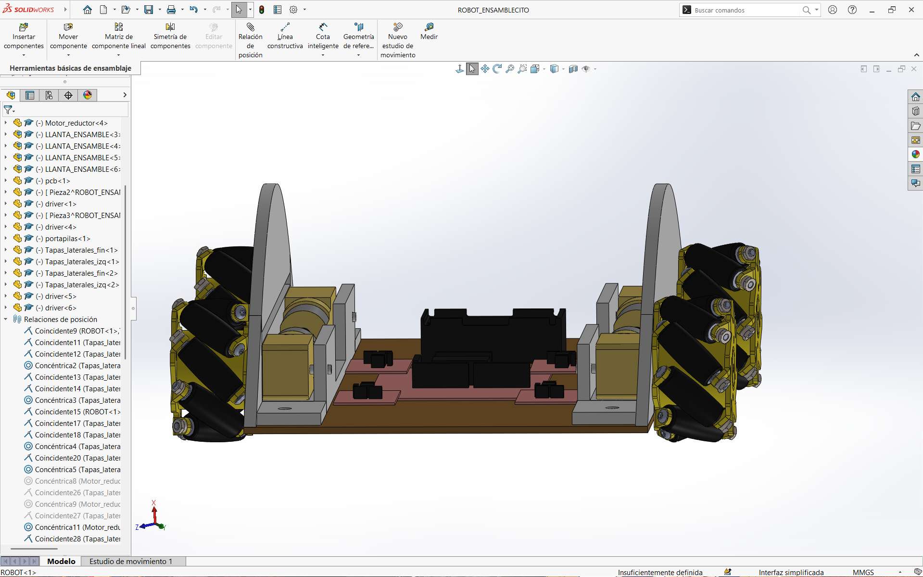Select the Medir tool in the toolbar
click(429, 31)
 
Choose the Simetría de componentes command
click(170, 36)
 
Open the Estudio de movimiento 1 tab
click(131, 561)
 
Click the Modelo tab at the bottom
click(61, 561)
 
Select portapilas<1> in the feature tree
click(67, 239)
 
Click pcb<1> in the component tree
click(57, 181)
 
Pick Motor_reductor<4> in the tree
click(76, 123)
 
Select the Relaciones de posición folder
click(60, 320)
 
